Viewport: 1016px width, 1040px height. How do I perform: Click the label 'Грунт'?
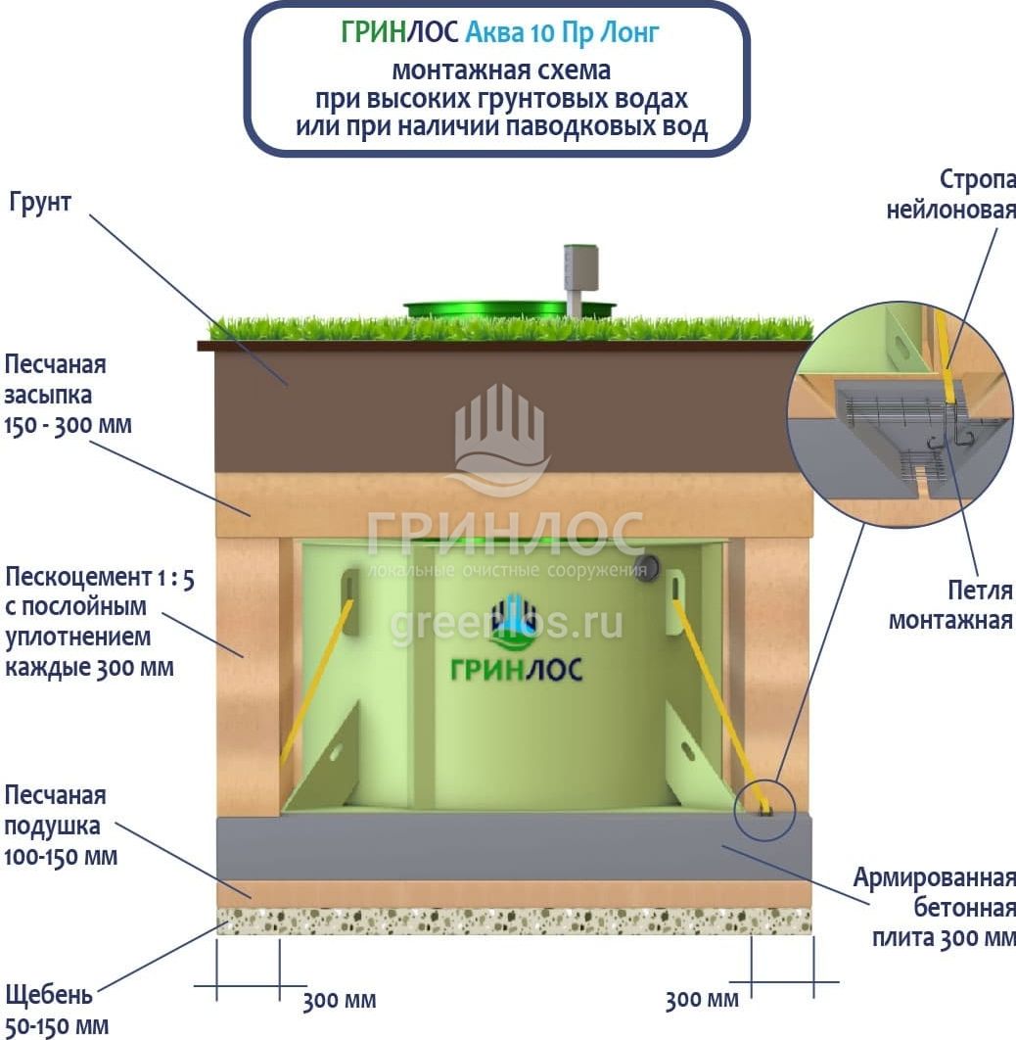41,205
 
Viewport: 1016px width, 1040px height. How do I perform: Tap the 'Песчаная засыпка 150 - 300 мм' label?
69,395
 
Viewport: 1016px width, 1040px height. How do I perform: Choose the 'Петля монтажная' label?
950,605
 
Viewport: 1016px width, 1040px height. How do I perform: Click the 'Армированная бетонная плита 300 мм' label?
934,907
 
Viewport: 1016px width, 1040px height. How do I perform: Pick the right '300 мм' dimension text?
702,1001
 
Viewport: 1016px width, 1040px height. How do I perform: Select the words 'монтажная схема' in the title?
501,71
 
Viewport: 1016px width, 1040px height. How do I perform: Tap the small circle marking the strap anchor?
764,810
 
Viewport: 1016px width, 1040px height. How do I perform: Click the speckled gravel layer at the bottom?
514,921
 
